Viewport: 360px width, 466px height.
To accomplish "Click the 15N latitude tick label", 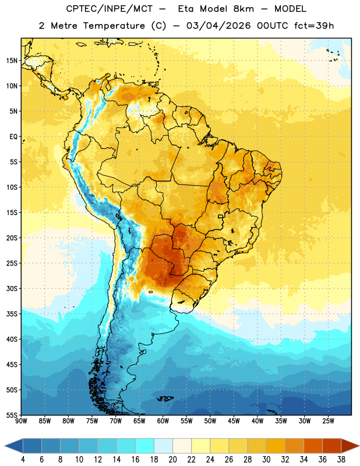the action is tap(12, 61).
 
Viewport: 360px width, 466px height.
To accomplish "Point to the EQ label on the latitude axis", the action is tap(13, 137).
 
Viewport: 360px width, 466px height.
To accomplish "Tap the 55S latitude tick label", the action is tap(12, 415).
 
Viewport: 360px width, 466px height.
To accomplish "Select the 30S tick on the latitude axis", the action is tap(12, 288).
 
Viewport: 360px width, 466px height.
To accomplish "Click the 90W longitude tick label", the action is tap(21, 421).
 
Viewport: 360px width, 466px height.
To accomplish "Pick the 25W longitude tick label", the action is tap(328, 421).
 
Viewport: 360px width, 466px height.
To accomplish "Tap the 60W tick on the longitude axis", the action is tap(163, 421).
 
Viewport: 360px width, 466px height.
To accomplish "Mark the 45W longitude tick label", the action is tap(234, 421).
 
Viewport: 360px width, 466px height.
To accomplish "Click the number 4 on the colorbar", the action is tap(23, 460).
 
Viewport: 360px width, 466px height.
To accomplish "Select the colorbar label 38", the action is tap(341, 460).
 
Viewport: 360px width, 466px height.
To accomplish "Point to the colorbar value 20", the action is tap(172, 460).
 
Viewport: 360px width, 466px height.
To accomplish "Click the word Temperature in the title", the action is tap(114, 26).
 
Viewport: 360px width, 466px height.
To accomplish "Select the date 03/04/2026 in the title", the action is tap(218, 26).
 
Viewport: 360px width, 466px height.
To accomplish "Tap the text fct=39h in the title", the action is tap(314, 26).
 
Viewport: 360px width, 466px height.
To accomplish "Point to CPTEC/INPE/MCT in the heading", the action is tap(110, 9).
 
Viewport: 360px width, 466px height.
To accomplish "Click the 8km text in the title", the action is tap(243, 9).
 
